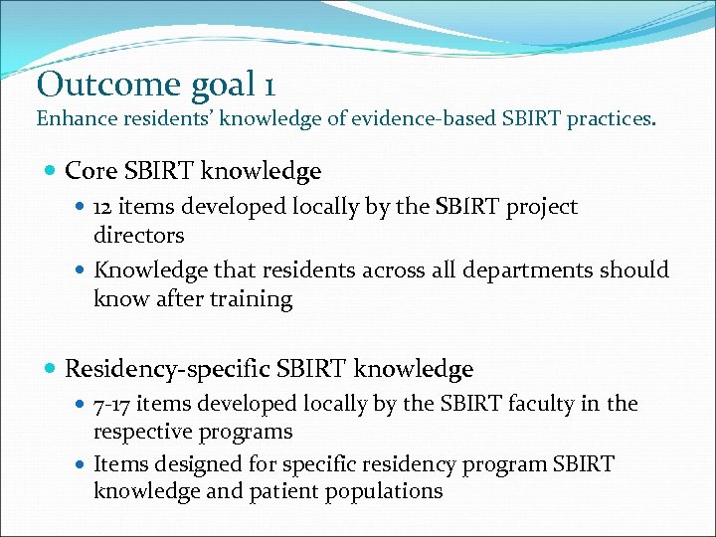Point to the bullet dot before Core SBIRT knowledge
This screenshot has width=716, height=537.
pyautogui.click(x=50, y=172)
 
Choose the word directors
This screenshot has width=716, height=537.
pyautogui.click(x=139, y=236)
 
